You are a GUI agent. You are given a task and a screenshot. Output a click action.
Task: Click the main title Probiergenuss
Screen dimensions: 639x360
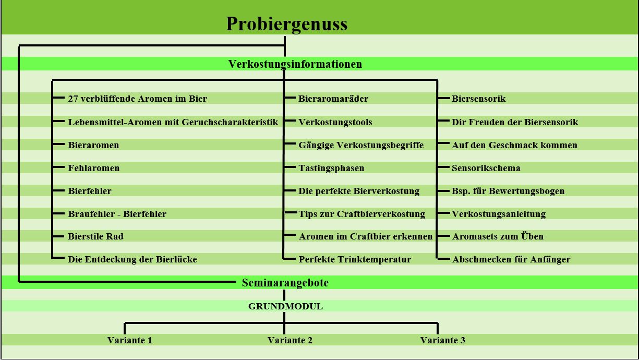click(287, 24)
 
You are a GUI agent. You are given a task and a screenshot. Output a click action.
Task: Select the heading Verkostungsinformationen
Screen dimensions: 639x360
click(295, 64)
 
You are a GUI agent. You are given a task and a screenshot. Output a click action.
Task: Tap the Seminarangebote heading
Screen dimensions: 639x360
click(285, 283)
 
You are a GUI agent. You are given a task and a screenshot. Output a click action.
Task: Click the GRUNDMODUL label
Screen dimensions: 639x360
click(285, 306)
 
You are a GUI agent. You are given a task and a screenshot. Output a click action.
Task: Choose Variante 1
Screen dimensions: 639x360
click(130, 340)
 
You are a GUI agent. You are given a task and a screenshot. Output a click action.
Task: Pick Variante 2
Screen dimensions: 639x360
click(290, 340)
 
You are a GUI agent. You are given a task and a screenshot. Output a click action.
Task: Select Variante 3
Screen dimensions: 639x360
click(443, 340)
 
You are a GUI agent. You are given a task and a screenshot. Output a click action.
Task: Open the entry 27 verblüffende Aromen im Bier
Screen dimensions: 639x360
click(138, 99)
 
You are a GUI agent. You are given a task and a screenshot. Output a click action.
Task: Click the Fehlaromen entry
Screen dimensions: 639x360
click(94, 168)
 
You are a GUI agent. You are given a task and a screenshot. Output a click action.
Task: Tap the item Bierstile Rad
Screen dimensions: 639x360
click(95, 236)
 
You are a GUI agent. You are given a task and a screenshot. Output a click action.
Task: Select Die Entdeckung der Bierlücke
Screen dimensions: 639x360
click(132, 259)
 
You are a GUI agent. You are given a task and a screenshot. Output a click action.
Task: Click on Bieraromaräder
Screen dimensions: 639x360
click(333, 99)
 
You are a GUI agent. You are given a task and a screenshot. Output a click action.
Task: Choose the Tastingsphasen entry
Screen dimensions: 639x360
click(331, 169)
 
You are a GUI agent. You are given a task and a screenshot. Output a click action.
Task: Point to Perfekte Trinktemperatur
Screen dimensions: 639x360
click(355, 259)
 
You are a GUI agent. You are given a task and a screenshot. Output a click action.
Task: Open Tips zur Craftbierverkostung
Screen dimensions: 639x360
click(361, 214)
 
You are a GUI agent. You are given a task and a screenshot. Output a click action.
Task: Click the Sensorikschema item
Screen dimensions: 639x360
click(486, 168)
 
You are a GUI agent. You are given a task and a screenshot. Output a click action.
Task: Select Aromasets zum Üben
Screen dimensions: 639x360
click(498, 236)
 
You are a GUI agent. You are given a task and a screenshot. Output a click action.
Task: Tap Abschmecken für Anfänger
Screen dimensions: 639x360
click(511, 259)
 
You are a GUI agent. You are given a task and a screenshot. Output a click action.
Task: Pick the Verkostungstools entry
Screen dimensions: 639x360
click(335, 122)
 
